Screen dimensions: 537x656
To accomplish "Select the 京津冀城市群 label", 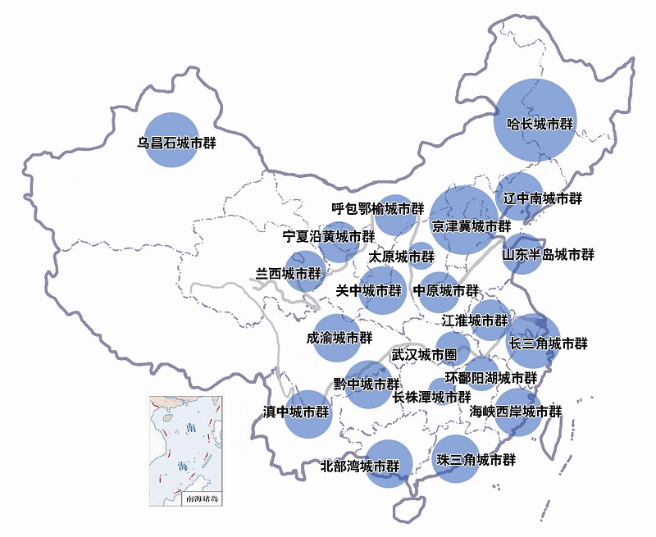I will [x=471, y=225].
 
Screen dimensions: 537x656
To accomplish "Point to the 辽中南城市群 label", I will [x=542, y=198].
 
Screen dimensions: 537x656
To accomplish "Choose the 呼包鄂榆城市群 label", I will [x=378, y=208].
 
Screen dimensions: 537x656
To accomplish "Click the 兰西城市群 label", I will [x=289, y=274].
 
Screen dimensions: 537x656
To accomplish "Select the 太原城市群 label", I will [x=400, y=257].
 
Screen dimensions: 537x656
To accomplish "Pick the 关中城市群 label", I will [x=370, y=290].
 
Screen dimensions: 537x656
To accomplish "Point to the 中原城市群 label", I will [x=445, y=290].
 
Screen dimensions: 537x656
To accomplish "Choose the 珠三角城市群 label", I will [x=476, y=460].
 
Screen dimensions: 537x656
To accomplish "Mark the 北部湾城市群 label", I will [x=360, y=466].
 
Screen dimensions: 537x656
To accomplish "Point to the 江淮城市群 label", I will [x=475, y=320].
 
